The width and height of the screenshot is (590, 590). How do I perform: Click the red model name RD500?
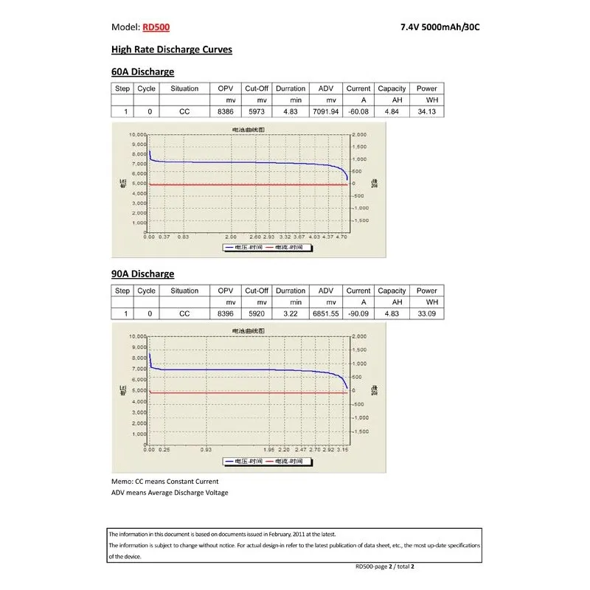click(x=156, y=27)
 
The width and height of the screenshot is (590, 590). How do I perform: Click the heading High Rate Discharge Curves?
click(x=171, y=49)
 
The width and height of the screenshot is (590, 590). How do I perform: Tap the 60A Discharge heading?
click(x=142, y=72)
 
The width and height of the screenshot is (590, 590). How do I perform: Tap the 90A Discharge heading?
click(x=142, y=274)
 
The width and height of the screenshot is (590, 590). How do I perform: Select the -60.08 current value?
click(x=358, y=111)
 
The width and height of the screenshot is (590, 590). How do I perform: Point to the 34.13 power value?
click(x=426, y=111)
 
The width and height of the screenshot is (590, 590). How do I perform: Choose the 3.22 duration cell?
click(x=291, y=313)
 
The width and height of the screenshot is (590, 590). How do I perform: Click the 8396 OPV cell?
click(x=225, y=313)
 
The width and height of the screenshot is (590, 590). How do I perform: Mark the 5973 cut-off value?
click(x=256, y=111)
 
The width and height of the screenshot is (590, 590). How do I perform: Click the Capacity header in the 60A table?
click(x=392, y=88)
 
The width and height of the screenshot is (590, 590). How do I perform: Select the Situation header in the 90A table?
click(x=184, y=291)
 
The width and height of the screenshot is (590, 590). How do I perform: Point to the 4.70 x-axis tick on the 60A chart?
click(x=341, y=237)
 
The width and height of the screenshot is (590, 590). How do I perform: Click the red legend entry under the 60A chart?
click(x=285, y=248)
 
